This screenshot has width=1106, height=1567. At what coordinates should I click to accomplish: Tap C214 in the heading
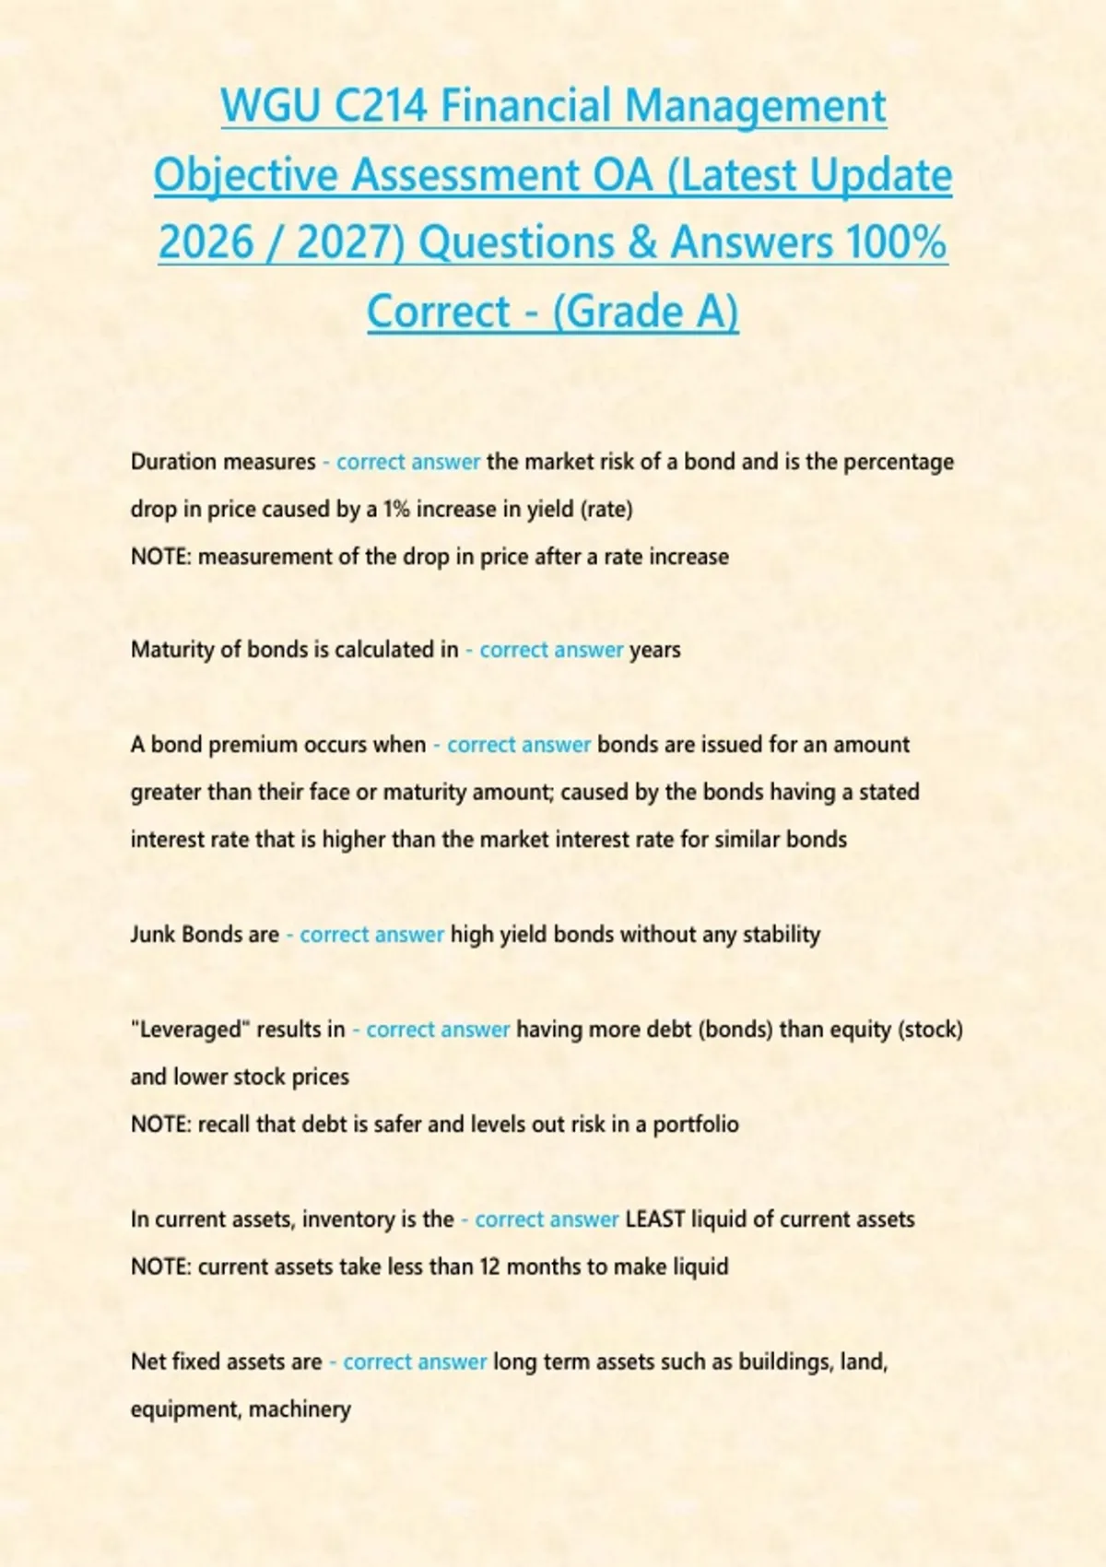(x=380, y=106)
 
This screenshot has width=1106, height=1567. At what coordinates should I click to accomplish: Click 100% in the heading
(x=896, y=242)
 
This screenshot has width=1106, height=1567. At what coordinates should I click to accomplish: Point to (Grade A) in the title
(x=646, y=311)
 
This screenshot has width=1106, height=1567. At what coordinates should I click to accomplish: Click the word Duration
(x=174, y=462)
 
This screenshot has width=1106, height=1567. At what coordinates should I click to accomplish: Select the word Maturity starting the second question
(x=172, y=650)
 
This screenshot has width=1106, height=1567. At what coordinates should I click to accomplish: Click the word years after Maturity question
(x=654, y=650)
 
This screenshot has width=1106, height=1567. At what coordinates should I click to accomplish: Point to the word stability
(x=782, y=935)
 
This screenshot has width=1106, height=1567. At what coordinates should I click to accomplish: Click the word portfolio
(x=696, y=1125)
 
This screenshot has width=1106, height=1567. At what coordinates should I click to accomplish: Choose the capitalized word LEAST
(x=655, y=1219)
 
